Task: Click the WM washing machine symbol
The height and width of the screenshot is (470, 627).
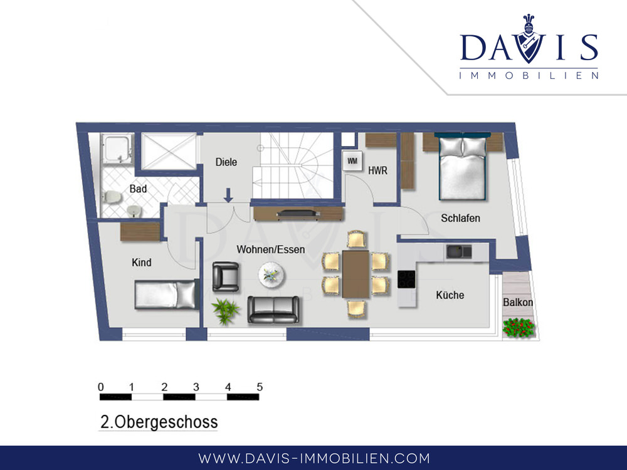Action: click(352, 161)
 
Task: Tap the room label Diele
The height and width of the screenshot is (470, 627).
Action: click(226, 162)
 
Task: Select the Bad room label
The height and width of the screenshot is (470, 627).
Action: click(138, 189)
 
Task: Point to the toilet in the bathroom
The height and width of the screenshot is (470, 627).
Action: click(112, 197)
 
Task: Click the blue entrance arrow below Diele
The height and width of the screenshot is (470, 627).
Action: click(228, 195)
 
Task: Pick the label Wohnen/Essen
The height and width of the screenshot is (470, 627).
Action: click(271, 249)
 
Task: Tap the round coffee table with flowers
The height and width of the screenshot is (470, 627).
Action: click(271, 275)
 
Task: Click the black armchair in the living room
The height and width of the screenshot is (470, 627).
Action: click(226, 276)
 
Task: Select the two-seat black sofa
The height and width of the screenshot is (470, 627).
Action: click(273, 310)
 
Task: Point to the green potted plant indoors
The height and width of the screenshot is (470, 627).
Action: click(226, 311)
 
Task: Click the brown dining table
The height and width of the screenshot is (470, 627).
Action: click(356, 274)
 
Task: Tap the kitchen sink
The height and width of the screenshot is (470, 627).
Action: click(459, 251)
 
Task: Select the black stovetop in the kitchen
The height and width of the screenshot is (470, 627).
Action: click(406, 279)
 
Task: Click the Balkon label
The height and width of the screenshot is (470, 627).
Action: click(518, 302)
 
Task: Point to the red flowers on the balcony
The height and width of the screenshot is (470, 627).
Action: click(519, 328)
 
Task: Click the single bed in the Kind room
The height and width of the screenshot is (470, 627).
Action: click(167, 295)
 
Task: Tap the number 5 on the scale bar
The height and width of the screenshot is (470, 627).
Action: click(260, 387)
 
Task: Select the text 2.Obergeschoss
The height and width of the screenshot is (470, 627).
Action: click(159, 422)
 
